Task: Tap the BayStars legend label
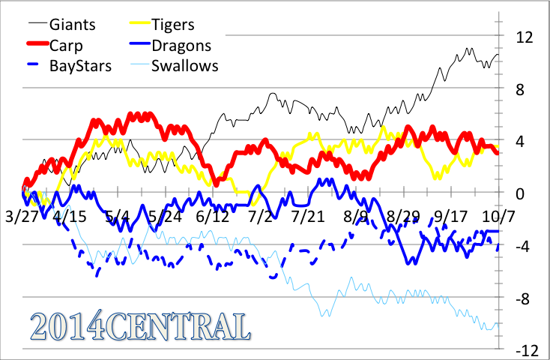(80, 65)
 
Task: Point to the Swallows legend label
(184, 65)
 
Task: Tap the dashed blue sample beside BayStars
(27, 65)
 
